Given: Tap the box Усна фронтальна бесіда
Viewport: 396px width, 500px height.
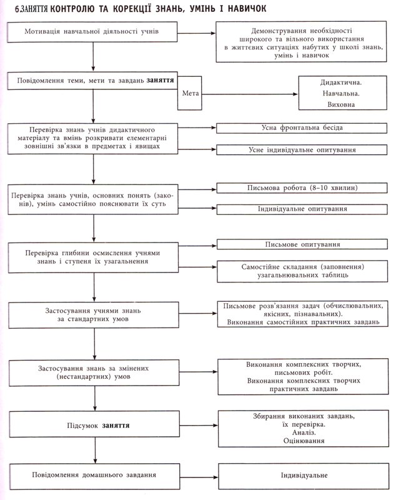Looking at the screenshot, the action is point(302,128).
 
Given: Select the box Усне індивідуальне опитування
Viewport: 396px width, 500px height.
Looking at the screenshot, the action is point(302,150).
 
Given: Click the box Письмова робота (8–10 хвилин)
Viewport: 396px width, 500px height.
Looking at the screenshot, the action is point(302,188).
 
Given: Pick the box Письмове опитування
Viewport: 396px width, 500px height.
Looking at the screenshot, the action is point(302,244).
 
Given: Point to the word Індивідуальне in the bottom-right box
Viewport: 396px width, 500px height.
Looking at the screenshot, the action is point(304,475).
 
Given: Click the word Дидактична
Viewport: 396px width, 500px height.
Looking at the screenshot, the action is point(341,82).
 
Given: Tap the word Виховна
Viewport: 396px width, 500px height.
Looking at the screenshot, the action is point(341,104).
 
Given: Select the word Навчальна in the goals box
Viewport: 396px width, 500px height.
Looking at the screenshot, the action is point(341,93).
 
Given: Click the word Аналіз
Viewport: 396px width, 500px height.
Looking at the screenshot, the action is point(304,432).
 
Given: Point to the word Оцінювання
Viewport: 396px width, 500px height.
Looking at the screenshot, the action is point(304,441).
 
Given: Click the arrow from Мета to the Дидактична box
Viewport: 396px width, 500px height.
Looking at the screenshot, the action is point(250,94).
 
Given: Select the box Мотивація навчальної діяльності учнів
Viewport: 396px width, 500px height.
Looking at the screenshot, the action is point(92,32).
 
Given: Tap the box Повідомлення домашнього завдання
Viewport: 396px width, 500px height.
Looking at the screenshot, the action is point(94,476).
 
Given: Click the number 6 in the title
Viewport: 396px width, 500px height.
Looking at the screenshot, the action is point(17,9).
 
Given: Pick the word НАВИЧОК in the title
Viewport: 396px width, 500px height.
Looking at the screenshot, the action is point(247,8).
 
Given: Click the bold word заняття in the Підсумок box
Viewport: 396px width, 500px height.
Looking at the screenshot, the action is point(116,426).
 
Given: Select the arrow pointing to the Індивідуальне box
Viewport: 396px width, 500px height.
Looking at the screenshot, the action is point(199,477).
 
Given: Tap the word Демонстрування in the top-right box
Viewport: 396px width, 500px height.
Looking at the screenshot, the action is point(275,31).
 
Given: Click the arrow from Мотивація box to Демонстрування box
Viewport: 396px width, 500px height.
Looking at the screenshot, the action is point(197,33).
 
